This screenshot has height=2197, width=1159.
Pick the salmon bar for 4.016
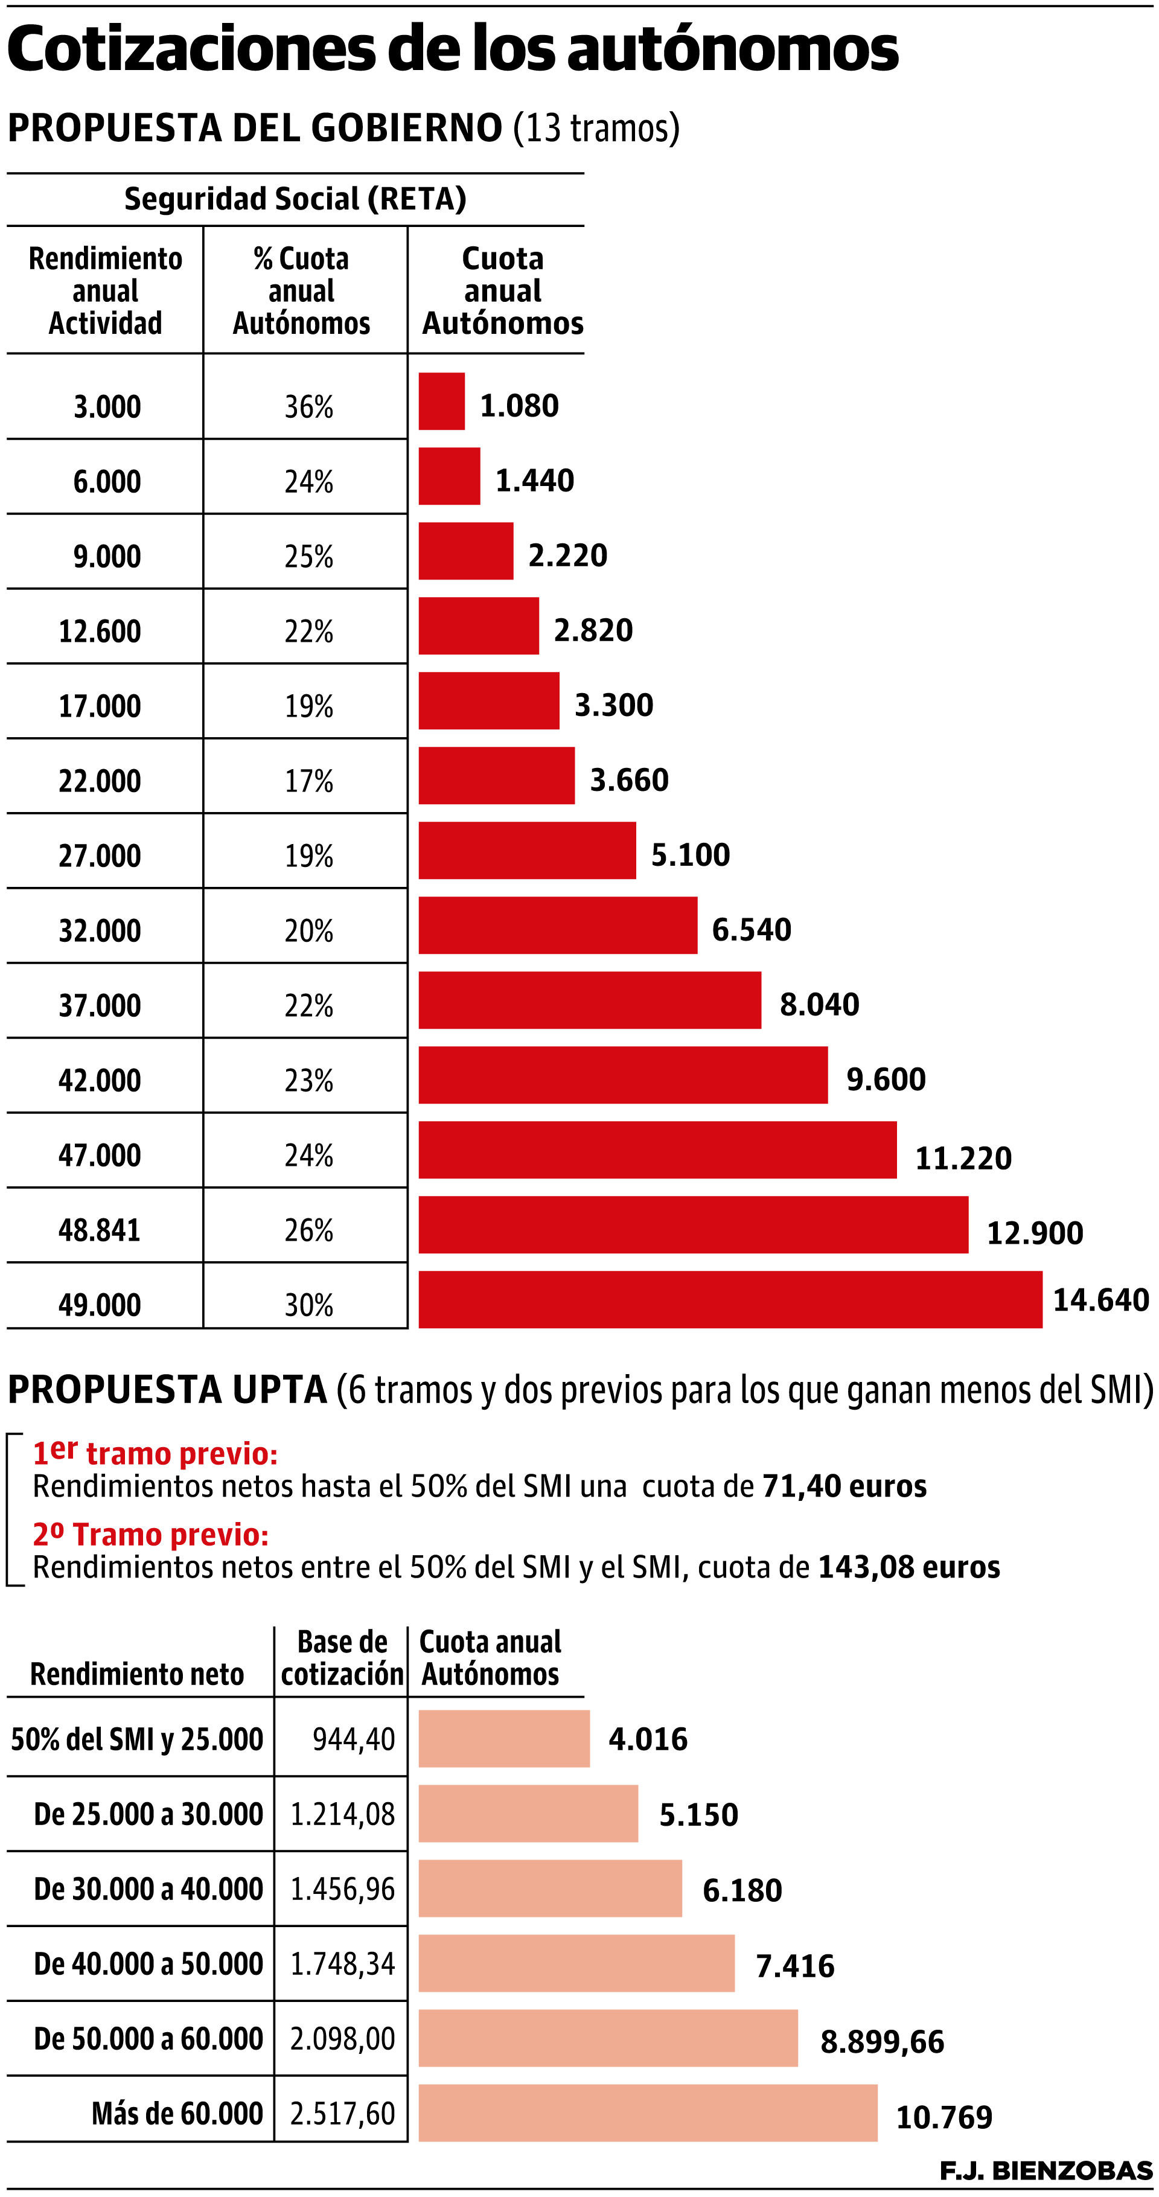coord(503,1738)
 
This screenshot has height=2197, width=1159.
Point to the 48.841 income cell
coord(99,1230)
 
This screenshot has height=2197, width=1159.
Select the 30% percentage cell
coord(308,1305)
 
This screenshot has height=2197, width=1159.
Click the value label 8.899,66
coord(882,2042)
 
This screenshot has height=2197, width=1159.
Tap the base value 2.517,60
coord(342,2114)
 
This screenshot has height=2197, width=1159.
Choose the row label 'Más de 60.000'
coord(177,2114)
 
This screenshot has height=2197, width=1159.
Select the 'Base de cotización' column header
coord(342,1658)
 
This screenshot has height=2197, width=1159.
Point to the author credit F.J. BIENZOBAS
coord(1046,2170)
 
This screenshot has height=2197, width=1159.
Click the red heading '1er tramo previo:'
coord(155,1453)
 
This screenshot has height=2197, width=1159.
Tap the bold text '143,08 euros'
coord(908,1567)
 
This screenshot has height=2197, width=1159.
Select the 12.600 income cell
coord(99,631)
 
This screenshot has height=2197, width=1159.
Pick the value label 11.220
coord(963,1158)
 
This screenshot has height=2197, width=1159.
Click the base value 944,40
coord(353,1739)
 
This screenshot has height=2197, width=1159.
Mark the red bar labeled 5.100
coord(526,850)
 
